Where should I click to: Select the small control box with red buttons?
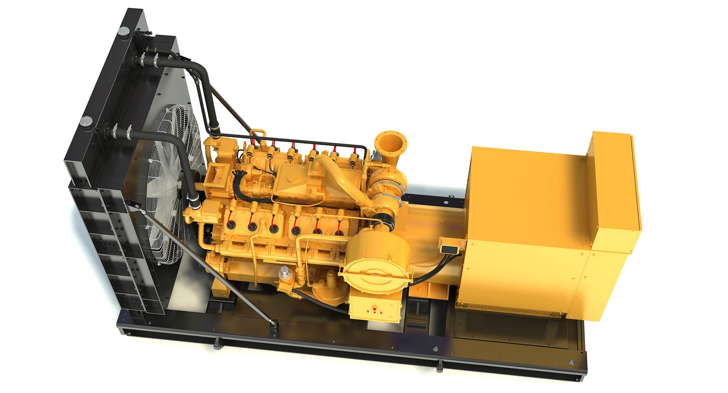click(375, 308)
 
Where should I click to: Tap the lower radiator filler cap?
click(86, 121)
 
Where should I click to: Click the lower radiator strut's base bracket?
click(274, 327)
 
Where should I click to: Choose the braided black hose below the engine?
click(318, 301)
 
